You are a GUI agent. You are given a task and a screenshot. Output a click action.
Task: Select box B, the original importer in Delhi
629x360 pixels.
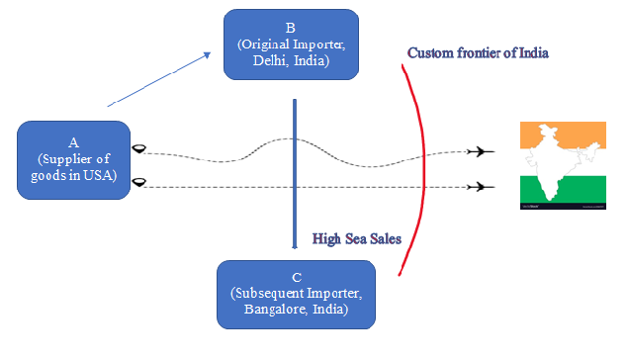pyautogui.click(x=291, y=44)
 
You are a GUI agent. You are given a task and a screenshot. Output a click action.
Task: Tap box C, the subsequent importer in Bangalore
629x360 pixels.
pyautogui.click(x=297, y=294)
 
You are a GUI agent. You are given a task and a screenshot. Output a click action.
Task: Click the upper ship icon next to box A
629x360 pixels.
pyautogui.click(x=141, y=149)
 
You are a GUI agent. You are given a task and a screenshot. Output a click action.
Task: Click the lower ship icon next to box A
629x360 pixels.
pyautogui.click(x=141, y=181)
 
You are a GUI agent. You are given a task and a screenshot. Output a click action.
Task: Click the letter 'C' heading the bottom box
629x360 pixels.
pyautogui.click(x=297, y=276)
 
